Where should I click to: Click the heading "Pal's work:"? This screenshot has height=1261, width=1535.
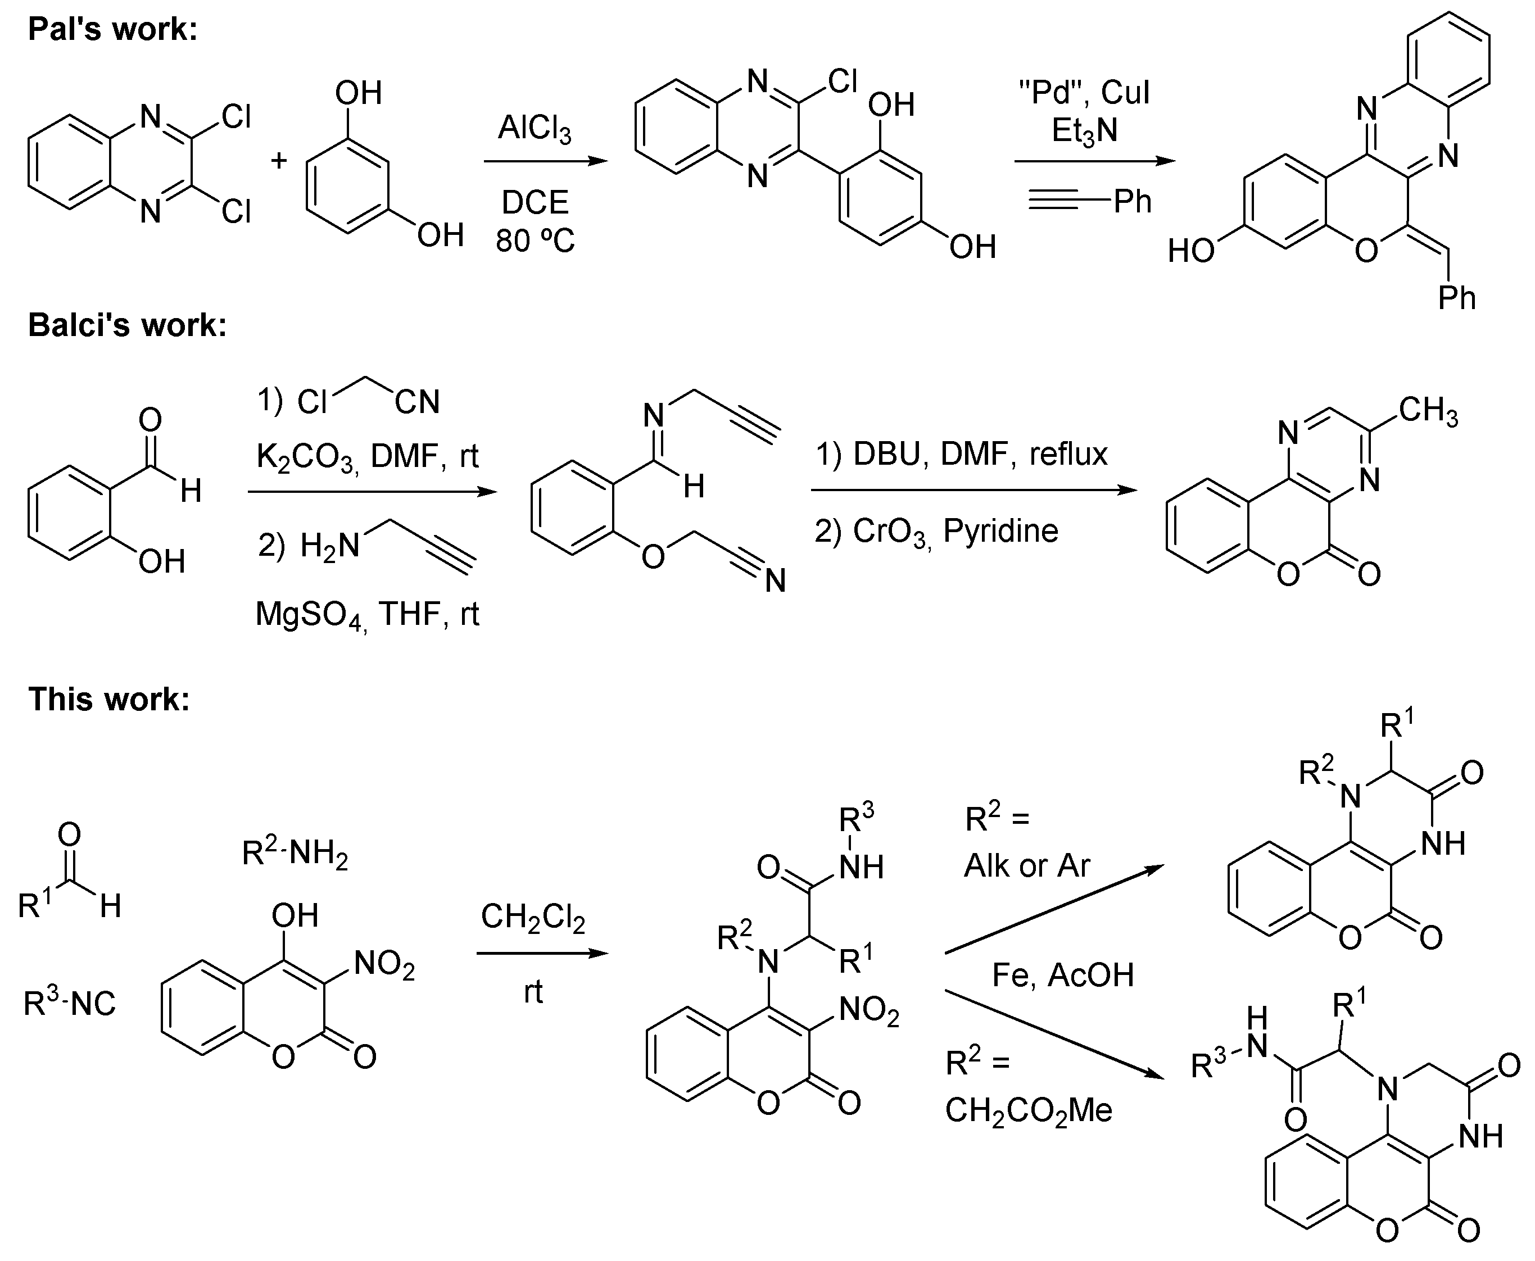pyautogui.click(x=112, y=30)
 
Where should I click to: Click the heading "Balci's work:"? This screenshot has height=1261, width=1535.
pyautogui.click(x=127, y=325)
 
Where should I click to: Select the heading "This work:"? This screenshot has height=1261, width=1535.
pyautogui.click(x=109, y=700)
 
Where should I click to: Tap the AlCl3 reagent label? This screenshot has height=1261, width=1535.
pyautogui.click(x=535, y=129)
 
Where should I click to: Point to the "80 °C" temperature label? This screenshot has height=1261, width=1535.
pyautogui.click(x=536, y=241)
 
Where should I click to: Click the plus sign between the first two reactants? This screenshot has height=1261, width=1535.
pyautogui.click(x=279, y=161)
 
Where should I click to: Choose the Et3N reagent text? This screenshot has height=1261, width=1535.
pyautogui.click(x=1085, y=131)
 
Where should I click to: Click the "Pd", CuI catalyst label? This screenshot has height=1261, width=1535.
pyautogui.click(x=1085, y=92)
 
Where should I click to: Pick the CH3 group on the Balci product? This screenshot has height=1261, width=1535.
pyautogui.click(x=1428, y=411)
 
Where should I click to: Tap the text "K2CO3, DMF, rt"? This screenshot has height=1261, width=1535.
pyautogui.click(x=368, y=457)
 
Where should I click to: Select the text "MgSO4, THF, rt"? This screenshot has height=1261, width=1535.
pyautogui.click(x=368, y=615)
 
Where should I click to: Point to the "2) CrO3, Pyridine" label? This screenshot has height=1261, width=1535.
pyautogui.click(x=936, y=531)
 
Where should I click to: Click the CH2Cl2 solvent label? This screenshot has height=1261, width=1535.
pyautogui.click(x=533, y=918)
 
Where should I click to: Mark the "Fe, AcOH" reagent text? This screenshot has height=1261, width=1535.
pyautogui.click(x=1063, y=975)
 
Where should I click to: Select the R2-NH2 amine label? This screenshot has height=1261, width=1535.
pyautogui.click(x=295, y=854)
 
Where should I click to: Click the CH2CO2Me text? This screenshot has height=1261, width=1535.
pyautogui.click(x=1029, y=1110)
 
